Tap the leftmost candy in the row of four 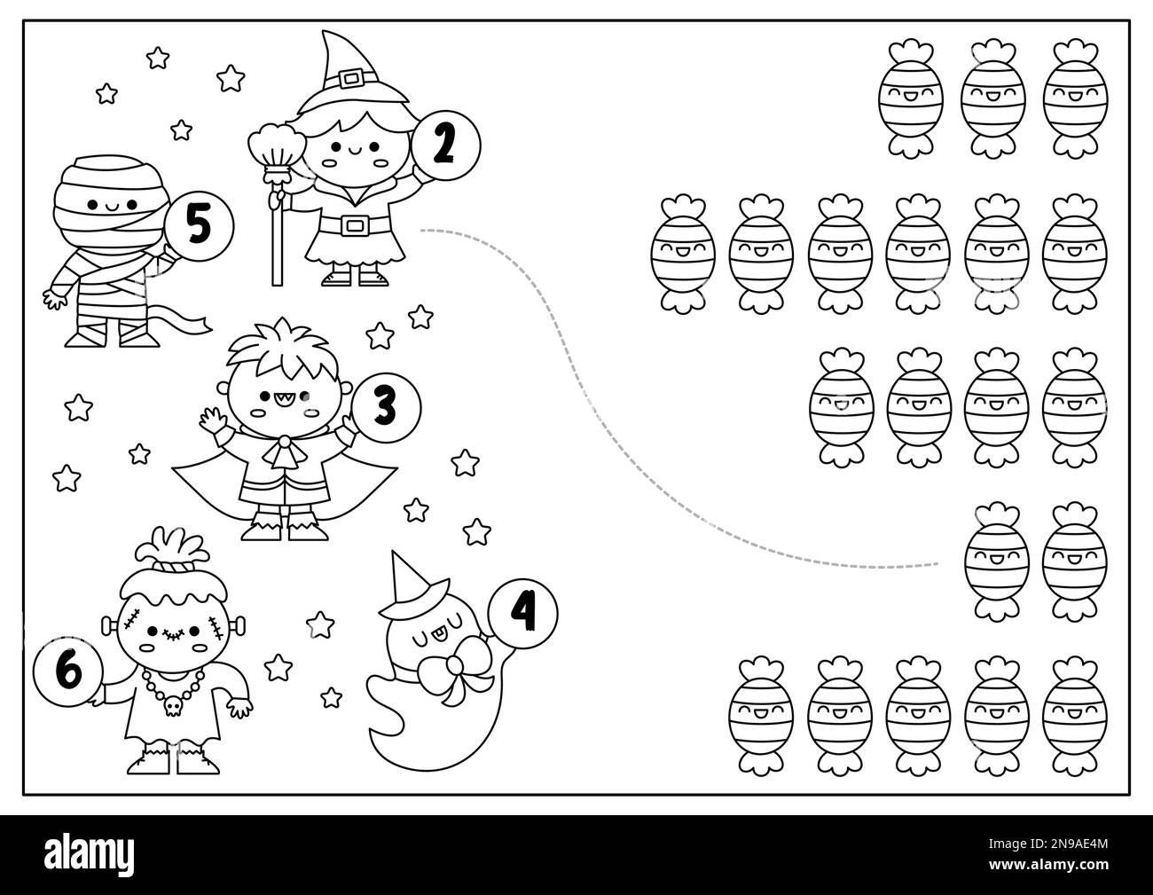coord(832,405)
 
